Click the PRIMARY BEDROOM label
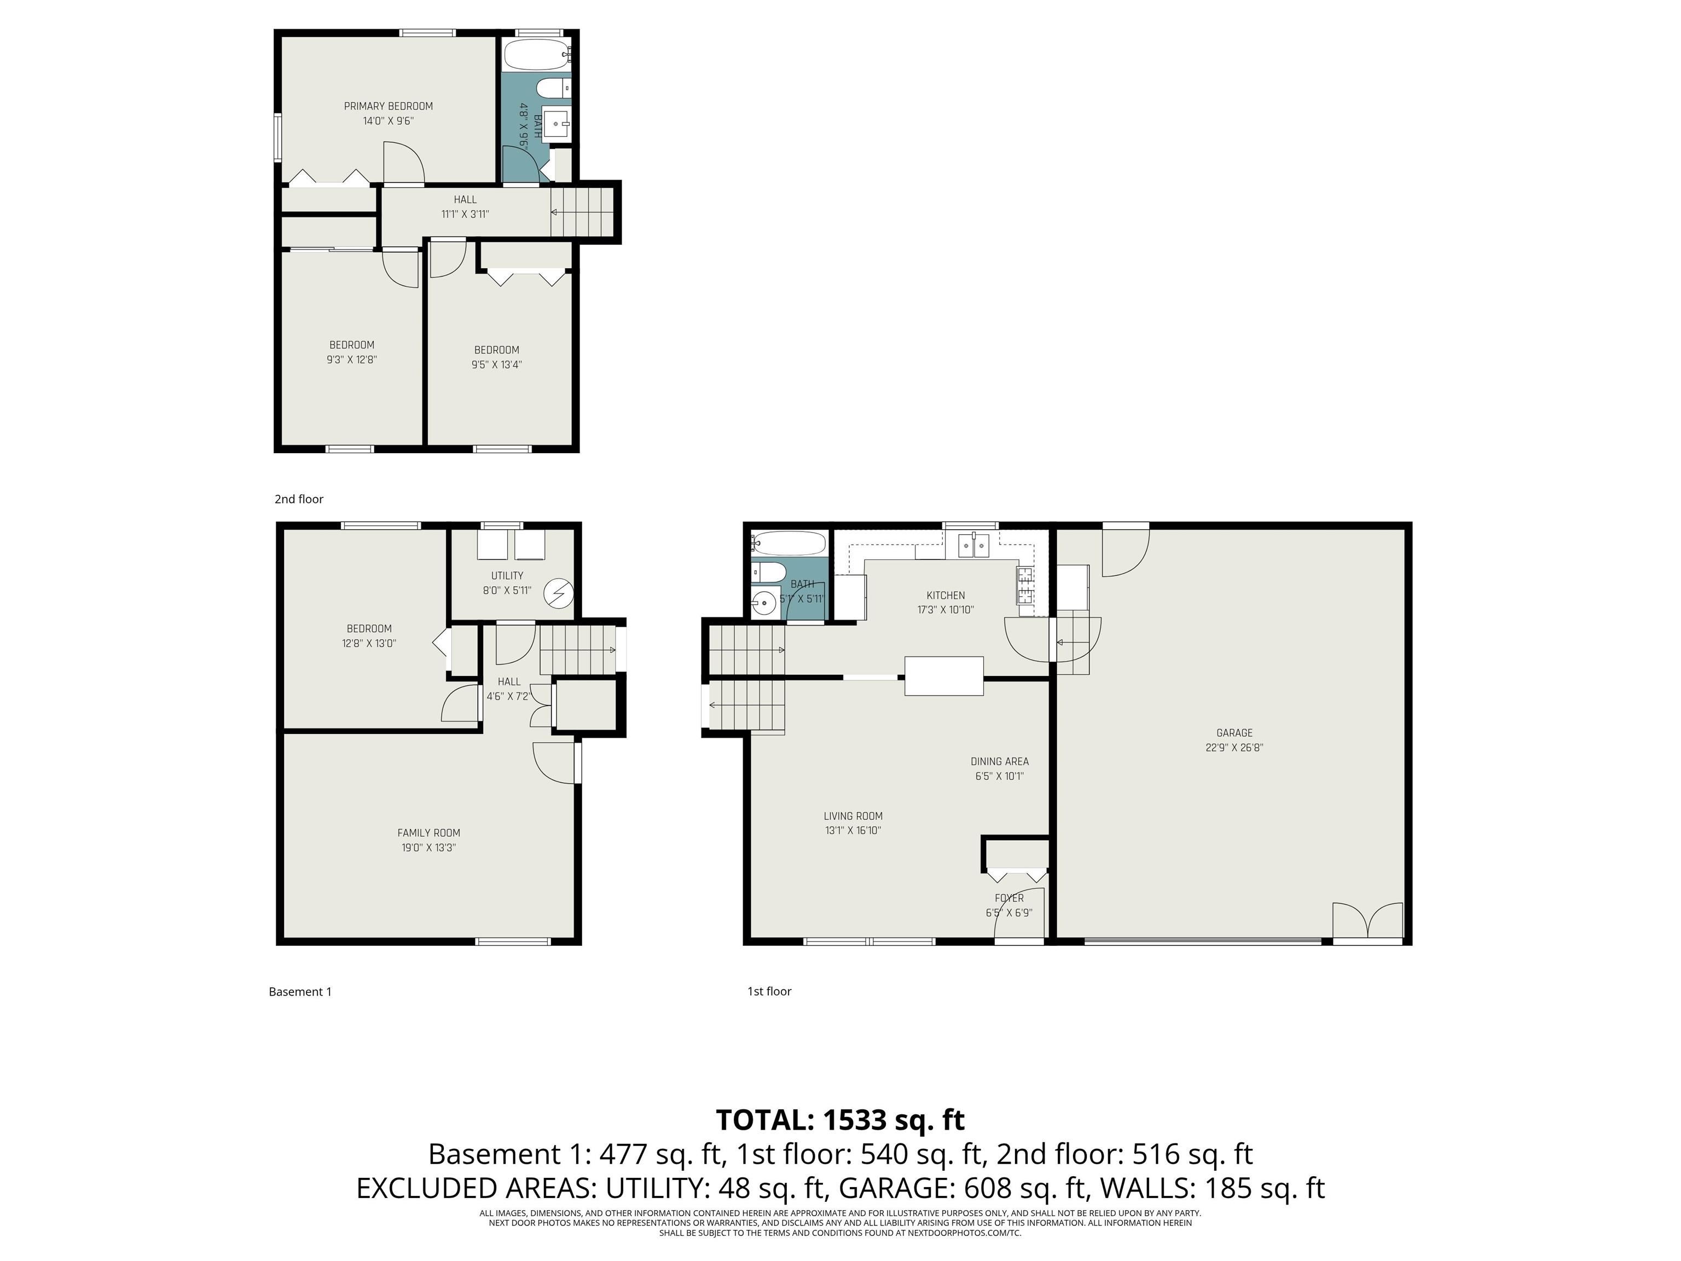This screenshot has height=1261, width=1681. tap(389, 106)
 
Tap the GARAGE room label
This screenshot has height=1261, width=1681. tap(1234, 733)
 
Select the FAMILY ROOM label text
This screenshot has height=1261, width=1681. tap(428, 833)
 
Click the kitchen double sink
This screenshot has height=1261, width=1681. tap(973, 545)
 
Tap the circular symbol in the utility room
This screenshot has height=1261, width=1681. tap(561, 592)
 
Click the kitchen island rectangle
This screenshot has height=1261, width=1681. tap(944, 676)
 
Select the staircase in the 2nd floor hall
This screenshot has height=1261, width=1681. tap(581, 212)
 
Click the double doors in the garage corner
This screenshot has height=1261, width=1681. tap(1367, 922)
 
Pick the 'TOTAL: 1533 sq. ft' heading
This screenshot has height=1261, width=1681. tap(840, 1120)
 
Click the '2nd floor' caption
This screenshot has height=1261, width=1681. tap(299, 499)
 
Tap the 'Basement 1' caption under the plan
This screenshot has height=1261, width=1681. tap(300, 992)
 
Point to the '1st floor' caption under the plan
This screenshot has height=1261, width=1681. tap(769, 991)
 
